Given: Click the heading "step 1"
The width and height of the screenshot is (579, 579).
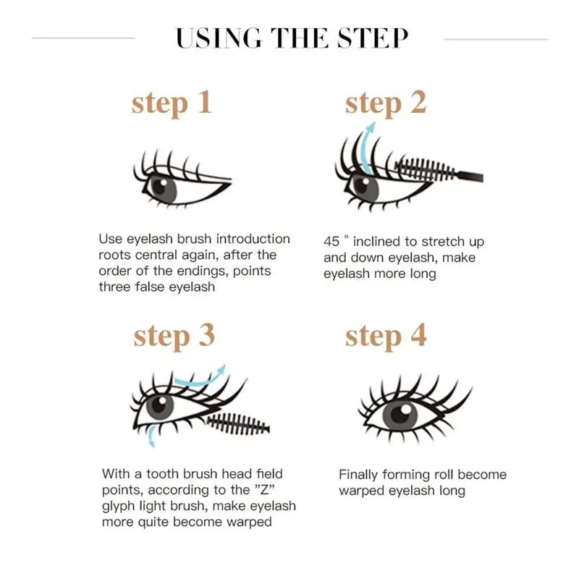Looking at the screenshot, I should point(172,103).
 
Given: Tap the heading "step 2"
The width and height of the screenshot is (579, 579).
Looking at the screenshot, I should point(386,103).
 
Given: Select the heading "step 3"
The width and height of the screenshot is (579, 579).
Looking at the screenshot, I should point(174,336).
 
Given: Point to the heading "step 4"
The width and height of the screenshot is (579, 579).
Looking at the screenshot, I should point(386,336).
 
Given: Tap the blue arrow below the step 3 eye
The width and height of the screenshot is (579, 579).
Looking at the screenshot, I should point(151,435).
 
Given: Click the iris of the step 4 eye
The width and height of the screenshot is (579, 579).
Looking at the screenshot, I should point(400,415).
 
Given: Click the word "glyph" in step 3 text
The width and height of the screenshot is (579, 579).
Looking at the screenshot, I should point(120,506).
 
